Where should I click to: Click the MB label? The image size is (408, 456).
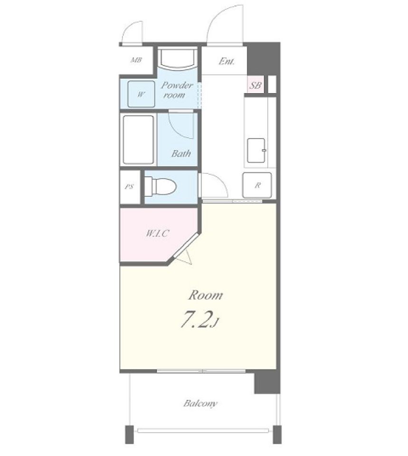point(136,60)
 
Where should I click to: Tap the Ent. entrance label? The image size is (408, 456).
point(227,61)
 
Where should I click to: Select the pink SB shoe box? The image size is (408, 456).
point(256,85)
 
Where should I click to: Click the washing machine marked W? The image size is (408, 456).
point(141,94)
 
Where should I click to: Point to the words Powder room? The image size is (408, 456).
point(177,90)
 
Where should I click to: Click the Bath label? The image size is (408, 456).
point(181,153)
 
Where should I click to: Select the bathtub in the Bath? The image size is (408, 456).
point(138,140)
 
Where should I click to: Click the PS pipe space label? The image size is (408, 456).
point(129,186)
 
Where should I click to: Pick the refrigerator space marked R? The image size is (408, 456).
point(257,185)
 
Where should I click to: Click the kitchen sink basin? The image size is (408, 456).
point(256,151)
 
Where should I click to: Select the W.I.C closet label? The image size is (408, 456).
point(157,233)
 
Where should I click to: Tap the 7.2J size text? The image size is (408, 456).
point(199,319)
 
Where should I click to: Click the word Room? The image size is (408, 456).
point(206,295)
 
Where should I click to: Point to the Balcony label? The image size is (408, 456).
point(200,403)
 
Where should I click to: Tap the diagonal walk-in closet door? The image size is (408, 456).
point(186,245)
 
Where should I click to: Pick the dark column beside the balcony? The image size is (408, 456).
point(267,382)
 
